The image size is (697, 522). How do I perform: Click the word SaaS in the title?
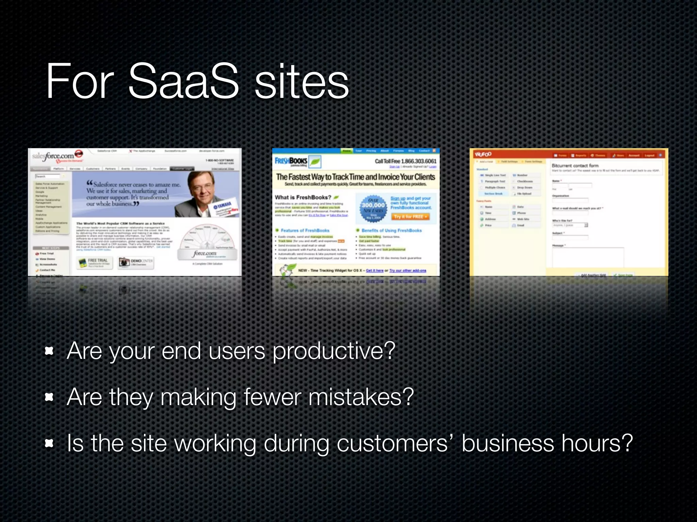click(183, 82)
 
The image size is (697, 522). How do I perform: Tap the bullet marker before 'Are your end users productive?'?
click(49, 351)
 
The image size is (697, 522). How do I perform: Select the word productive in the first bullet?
click(334, 351)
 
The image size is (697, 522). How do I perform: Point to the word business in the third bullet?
click(508, 443)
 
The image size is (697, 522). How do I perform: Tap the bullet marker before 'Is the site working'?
click(49, 443)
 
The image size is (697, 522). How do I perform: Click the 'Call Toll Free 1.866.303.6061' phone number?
click(405, 161)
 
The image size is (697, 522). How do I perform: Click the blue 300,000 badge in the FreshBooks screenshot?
click(373, 207)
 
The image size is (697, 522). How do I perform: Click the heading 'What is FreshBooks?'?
click(303, 197)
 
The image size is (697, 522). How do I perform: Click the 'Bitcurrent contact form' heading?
click(575, 166)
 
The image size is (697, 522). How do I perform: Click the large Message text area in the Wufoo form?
click(588, 258)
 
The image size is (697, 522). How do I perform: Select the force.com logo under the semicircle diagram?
click(205, 254)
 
